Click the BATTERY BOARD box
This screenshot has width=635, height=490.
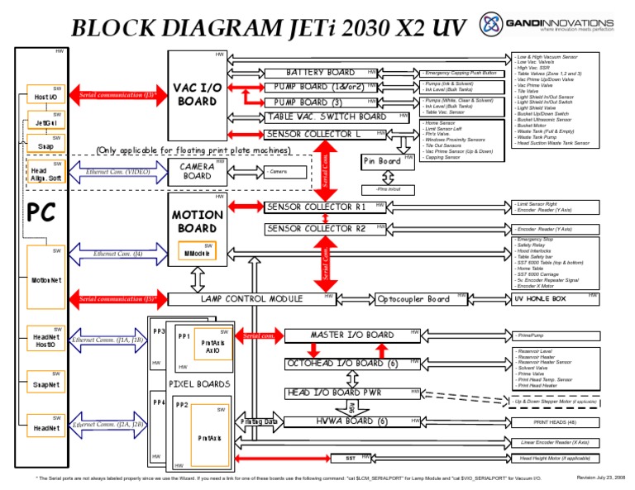pyautogui.click(x=320, y=73)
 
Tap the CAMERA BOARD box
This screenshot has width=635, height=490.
pyautogui.click(x=197, y=170)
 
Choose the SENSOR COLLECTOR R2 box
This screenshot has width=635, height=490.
pyautogui.click(x=316, y=228)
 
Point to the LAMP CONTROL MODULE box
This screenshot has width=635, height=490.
pyautogui.click(x=258, y=298)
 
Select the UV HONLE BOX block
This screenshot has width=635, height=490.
pyautogui.click(x=540, y=298)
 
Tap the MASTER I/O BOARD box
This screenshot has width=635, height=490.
pyautogui.click(x=351, y=335)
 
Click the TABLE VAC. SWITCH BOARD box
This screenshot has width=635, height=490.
pyautogui.click(x=326, y=117)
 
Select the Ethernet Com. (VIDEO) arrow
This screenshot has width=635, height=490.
pyautogui.click(x=118, y=174)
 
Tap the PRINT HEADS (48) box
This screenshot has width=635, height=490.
pyautogui.click(x=555, y=422)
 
